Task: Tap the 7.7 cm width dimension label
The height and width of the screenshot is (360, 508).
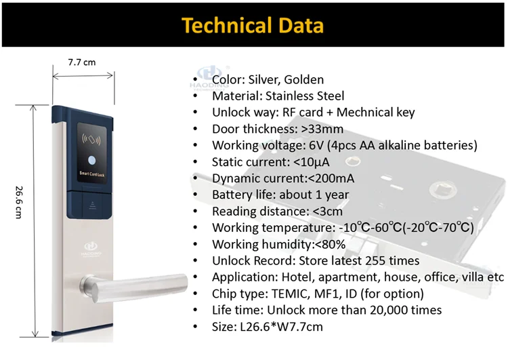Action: (82, 62)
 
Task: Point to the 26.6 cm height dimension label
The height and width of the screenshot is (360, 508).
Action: (19, 203)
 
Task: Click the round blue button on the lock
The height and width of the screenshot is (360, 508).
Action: (92, 161)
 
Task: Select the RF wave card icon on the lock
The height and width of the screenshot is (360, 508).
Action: (91, 140)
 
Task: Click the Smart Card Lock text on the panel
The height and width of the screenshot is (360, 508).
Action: (92, 174)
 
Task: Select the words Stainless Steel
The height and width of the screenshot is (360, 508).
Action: (305, 96)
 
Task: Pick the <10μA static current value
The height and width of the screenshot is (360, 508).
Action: (311, 162)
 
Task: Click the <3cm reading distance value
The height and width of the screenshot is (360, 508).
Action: (328, 212)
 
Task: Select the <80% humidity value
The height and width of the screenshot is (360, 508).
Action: (330, 244)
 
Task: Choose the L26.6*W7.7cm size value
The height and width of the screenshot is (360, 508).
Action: (282, 327)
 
